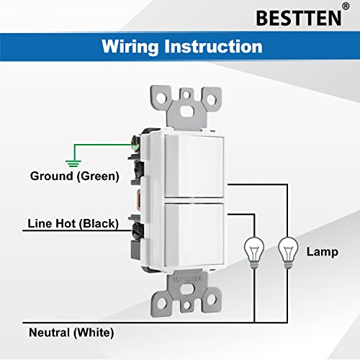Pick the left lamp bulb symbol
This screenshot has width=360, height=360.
(x=253, y=249)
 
